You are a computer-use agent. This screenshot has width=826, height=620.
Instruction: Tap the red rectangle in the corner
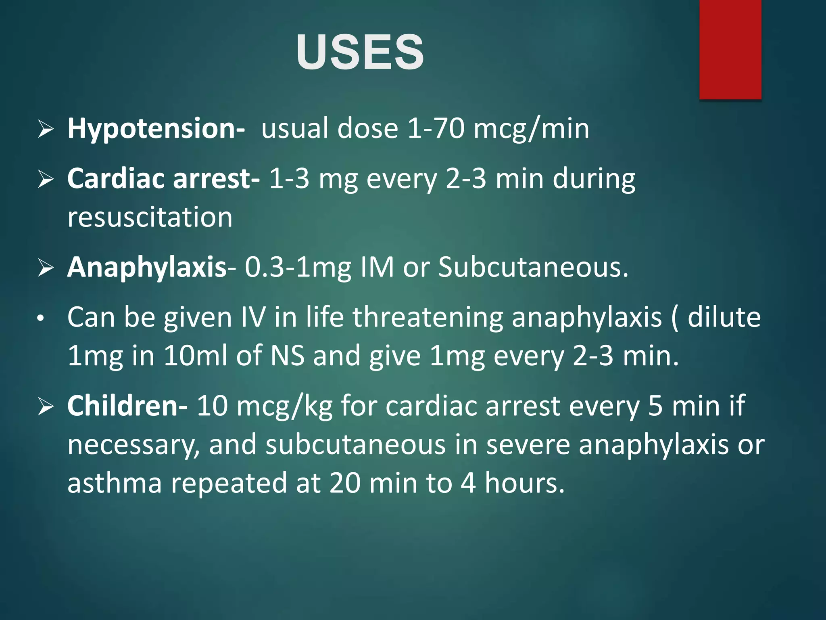[x=730, y=49]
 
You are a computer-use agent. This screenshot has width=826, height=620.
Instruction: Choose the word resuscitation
[x=150, y=218]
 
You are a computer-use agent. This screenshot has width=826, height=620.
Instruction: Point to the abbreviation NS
[x=288, y=356]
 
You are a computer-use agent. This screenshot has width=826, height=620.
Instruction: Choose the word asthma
[x=115, y=483]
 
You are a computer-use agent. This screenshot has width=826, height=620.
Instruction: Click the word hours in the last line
[x=524, y=483]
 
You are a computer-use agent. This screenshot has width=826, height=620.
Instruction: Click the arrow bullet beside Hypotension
[x=46, y=129]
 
